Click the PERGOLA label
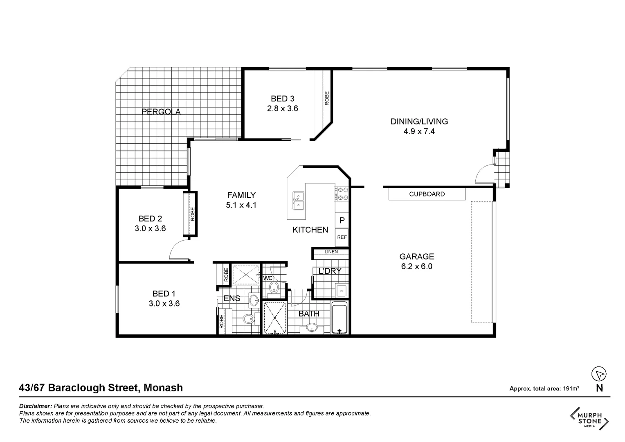(161, 112)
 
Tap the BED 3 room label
(282, 99)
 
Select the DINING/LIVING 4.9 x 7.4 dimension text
(419, 131)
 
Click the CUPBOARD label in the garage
(427, 194)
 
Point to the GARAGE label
(416, 257)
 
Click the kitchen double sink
(298, 201)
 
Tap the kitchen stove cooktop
(342, 194)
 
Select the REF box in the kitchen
(342, 237)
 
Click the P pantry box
(342, 220)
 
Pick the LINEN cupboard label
(331, 252)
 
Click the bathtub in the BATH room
(339, 318)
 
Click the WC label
(268, 278)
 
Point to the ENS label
(232, 299)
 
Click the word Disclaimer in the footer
(35, 406)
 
